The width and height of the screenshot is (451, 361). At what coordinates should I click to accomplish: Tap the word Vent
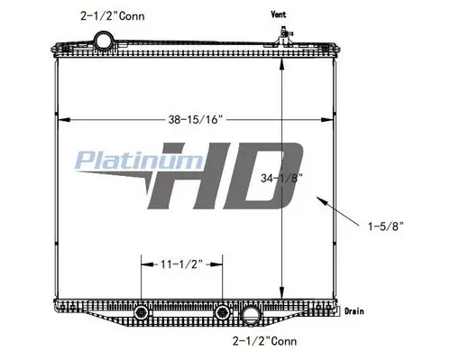point(278,15)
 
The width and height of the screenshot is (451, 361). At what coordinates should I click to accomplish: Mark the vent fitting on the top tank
point(282,36)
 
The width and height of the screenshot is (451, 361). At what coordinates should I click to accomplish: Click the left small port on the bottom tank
point(140,313)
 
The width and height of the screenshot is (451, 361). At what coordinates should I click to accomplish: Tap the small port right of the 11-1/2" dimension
point(221,313)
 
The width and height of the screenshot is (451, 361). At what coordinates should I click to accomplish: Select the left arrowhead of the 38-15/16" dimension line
point(60,117)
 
